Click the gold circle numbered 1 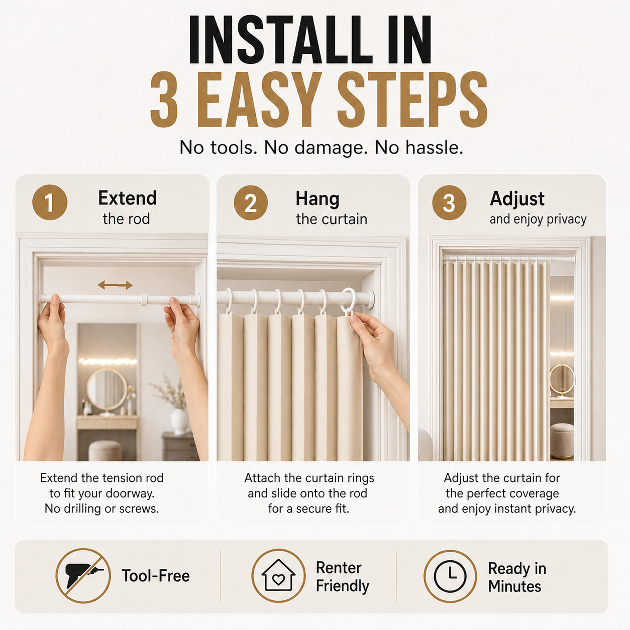pos(50,202)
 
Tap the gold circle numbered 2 pos(251,202)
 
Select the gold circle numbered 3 pos(449,202)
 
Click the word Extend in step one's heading pos(128,198)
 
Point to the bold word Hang pos(318,199)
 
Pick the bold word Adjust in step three pos(517,199)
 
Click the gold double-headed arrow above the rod pos(115,285)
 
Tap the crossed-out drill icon pos(83,576)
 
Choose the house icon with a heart pos(278,575)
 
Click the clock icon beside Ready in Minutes pos(450,576)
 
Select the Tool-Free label pos(156,576)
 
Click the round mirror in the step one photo pos(107,389)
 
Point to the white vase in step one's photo pos(179,421)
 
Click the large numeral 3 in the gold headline pos(164,99)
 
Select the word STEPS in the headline pos(412,99)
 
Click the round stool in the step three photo pos(562,441)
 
